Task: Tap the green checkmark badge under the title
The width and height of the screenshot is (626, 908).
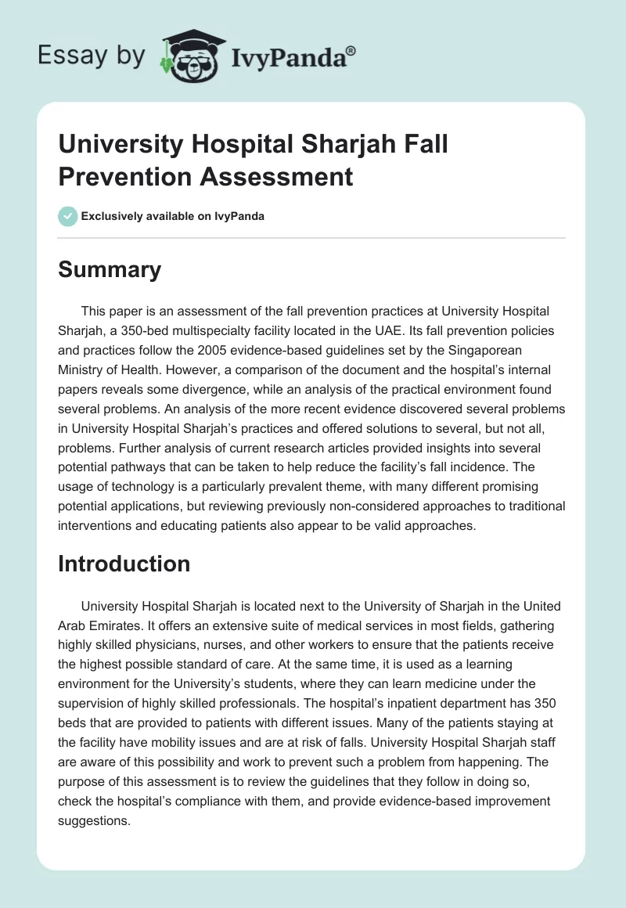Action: point(68,216)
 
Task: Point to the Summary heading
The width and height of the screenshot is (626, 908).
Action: point(110,269)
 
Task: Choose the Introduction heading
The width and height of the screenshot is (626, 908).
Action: point(124,564)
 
